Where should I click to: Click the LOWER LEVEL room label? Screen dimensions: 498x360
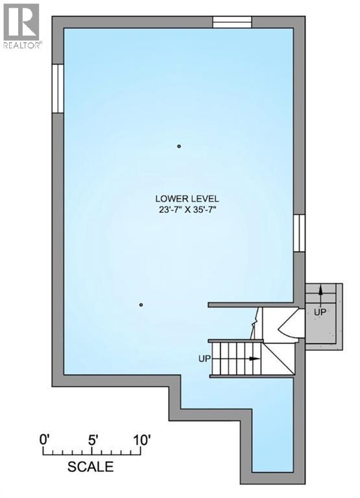(187, 198)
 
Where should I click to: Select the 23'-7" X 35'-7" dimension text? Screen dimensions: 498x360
(187, 209)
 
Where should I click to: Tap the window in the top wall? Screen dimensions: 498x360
(232, 21)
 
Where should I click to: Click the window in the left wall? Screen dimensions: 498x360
(57, 88)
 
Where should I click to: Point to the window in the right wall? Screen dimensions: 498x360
(298, 233)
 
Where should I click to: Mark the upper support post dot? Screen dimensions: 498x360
(179, 147)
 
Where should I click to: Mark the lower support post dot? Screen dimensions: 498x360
(141, 305)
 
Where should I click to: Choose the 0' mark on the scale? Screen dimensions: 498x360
(44, 438)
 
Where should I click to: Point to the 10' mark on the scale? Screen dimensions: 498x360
(142, 438)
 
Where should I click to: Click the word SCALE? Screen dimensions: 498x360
(91, 466)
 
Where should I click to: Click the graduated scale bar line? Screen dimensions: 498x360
(93, 451)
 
